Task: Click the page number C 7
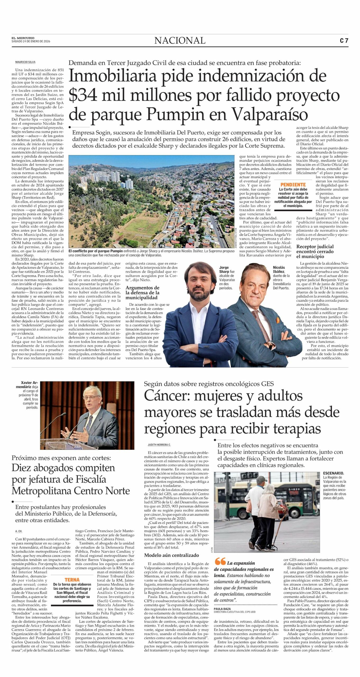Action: tap(344, 40)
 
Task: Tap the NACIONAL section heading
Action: tap(180, 40)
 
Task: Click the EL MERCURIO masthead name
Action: tap(23, 38)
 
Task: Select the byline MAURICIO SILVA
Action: tap(25, 62)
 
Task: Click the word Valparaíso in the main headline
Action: tap(270, 115)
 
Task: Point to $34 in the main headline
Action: tap(83, 95)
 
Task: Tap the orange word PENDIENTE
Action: tap(293, 185)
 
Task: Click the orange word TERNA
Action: tap(72, 579)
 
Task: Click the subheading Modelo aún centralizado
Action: tap(172, 555)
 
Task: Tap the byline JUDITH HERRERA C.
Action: tap(159, 445)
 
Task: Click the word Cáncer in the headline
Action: tap(167, 396)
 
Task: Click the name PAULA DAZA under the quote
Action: tap(222, 609)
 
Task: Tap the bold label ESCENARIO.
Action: tap(333, 473)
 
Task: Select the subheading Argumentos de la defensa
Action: tap(142, 292)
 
